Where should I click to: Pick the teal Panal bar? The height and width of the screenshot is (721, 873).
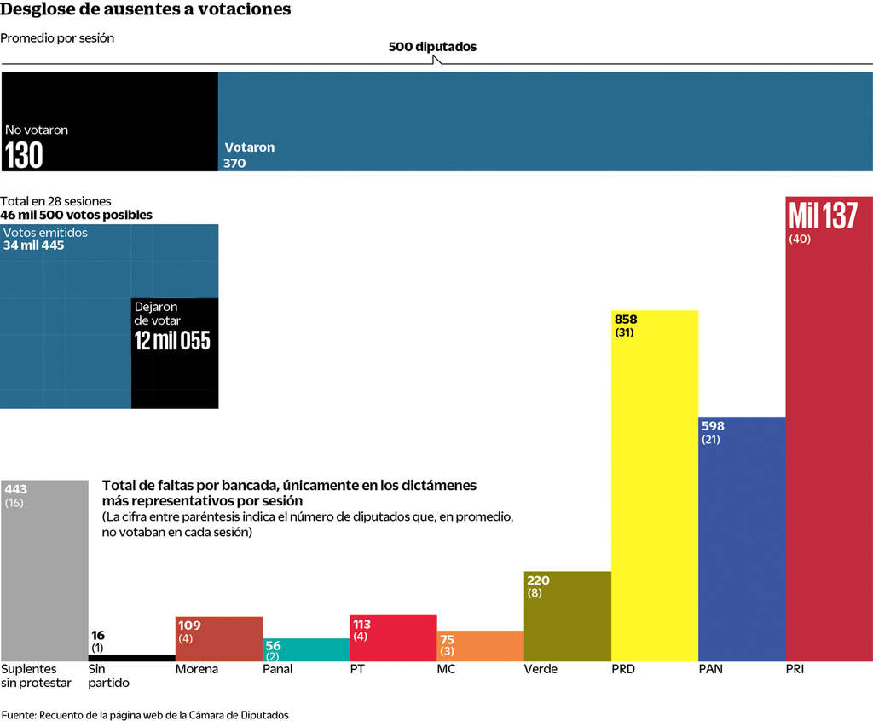point(305,650)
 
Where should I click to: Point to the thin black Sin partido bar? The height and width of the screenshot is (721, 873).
point(131,658)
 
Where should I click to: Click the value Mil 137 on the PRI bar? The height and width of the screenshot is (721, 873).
point(823,216)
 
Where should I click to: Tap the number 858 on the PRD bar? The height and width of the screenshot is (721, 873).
point(626,320)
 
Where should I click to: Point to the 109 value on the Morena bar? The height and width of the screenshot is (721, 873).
point(190,625)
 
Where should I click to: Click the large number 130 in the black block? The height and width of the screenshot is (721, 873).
point(24,156)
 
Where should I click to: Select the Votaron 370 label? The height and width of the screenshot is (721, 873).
point(249,154)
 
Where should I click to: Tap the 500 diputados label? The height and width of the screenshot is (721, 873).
point(432,47)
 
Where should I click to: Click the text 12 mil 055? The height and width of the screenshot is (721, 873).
point(171,341)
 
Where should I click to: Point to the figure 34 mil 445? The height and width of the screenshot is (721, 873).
point(33,245)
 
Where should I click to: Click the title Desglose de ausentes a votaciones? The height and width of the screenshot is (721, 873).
point(146,10)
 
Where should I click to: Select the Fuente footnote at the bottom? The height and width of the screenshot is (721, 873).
point(145,715)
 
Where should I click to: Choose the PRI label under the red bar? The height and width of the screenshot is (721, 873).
point(795,669)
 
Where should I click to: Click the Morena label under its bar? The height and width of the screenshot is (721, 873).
point(196,669)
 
